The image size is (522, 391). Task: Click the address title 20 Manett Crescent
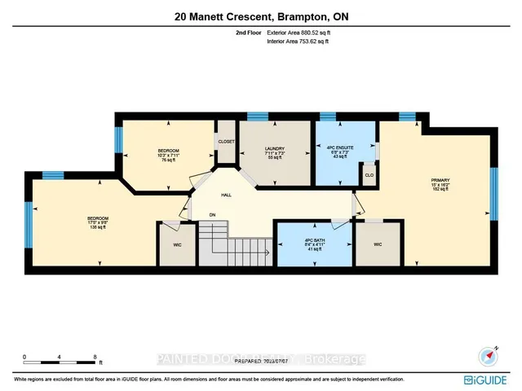(x=261, y=17)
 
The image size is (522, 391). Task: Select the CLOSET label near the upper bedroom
(x=226, y=142)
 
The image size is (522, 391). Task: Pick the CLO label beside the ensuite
(x=369, y=174)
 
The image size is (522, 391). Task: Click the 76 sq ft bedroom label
(x=168, y=155)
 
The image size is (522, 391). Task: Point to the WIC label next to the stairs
(x=176, y=243)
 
